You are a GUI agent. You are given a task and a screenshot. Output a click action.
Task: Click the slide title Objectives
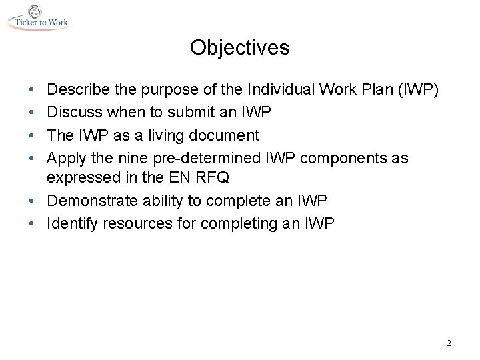(x=239, y=48)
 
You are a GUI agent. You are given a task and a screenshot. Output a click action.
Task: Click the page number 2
(x=449, y=343)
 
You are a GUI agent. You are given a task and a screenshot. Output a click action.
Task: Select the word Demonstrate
(x=91, y=201)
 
